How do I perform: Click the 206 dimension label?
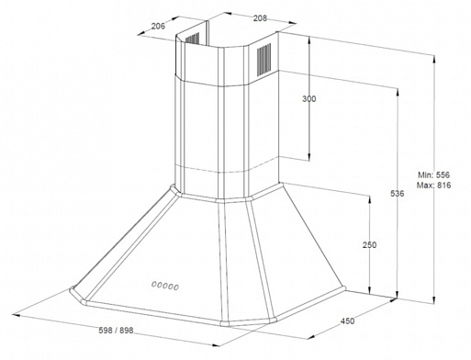click(x=157, y=27)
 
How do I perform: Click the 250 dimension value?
click(x=369, y=245)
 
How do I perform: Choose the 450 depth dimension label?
click(x=346, y=321)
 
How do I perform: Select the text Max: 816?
click(x=436, y=186)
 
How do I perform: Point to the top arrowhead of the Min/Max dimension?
click(x=434, y=53)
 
